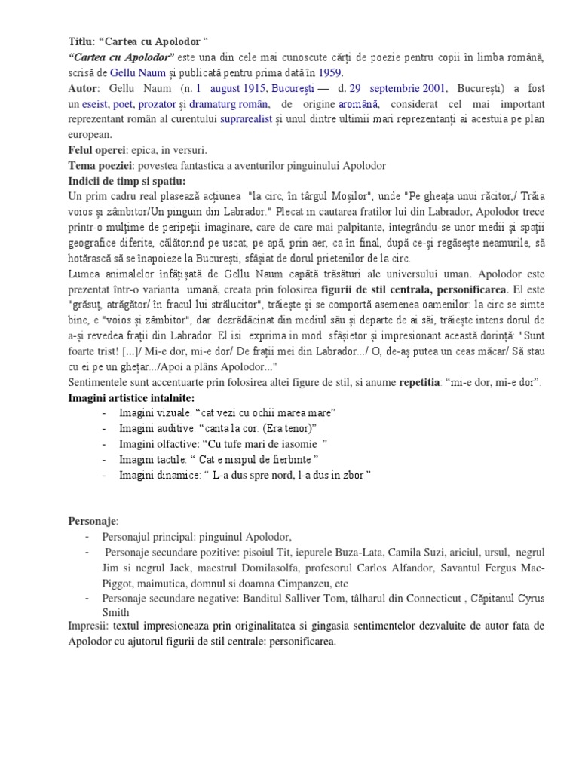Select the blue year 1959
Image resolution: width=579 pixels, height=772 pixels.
point(329,73)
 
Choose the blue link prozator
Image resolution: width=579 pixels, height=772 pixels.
point(167,104)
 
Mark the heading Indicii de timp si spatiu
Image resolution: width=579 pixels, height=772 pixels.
point(127,181)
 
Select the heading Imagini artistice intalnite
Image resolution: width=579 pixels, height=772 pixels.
point(132,397)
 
